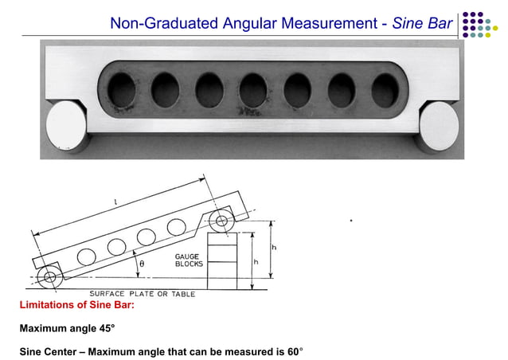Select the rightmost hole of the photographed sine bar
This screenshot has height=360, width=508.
click(x=387, y=88)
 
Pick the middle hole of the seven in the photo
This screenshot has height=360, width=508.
click(x=254, y=89)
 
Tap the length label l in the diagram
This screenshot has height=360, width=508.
click(x=115, y=203)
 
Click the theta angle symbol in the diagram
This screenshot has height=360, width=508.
click(x=142, y=263)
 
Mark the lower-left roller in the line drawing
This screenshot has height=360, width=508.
click(x=50, y=278)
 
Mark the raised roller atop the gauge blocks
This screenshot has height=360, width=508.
click(x=222, y=222)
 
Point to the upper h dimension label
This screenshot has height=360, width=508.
click(x=274, y=248)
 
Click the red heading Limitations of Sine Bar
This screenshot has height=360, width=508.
click(x=76, y=305)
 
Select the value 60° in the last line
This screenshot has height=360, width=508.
click(x=295, y=351)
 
